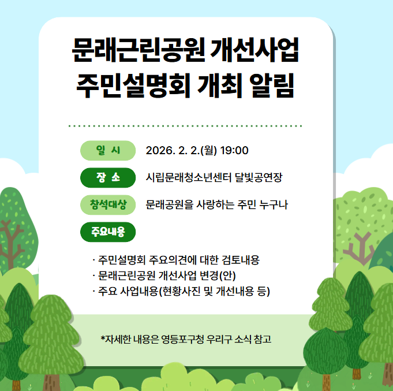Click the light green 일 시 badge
point(108,151)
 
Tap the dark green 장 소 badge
point(108,177)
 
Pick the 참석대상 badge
point(108,204)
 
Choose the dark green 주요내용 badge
point(108,232)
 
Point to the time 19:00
point(234,151)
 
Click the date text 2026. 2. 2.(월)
point(181,151)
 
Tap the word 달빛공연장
point(259,177)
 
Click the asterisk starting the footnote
point(103,338)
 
